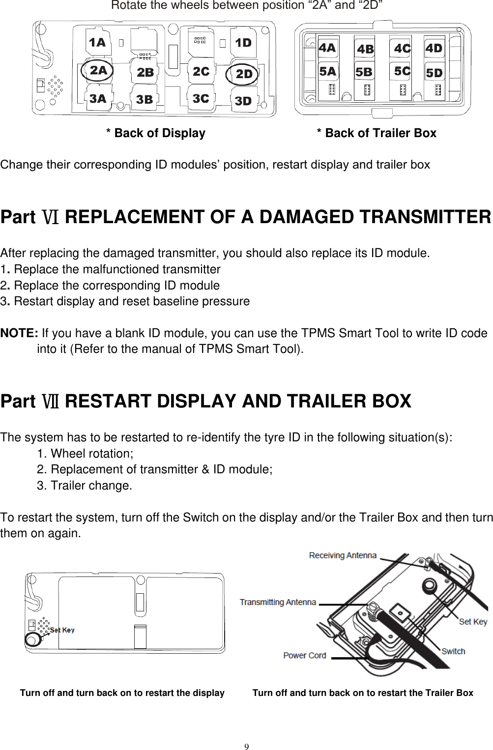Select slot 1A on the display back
[x=97, y=43]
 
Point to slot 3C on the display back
[x=201, y=99]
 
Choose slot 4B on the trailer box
[x=365, y=49]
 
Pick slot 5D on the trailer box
[x=434, y=73]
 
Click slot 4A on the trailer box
[x=327, y=48]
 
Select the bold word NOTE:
[x=19, y=333]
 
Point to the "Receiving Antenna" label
[x=343, y=555]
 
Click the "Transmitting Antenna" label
[x=278, y=602]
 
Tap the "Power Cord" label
[x=304, y=655]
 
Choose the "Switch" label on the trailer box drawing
[x=453, y=651]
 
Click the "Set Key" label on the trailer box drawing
[x=473, y=622]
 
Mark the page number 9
[x=247, y=747]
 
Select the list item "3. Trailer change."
[x=85, y=486]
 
